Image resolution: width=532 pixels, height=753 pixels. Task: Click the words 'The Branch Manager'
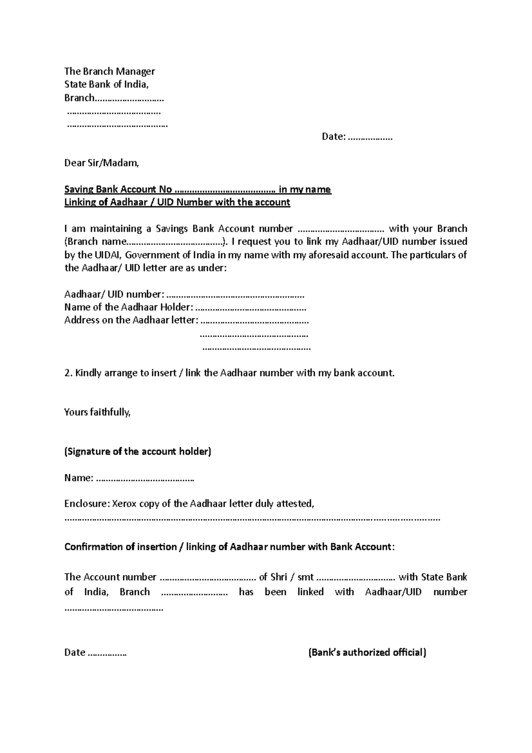coord(110,71)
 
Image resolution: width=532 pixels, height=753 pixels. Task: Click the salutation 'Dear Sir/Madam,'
coord(102,163)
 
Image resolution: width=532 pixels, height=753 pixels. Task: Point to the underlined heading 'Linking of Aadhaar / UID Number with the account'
coord(177,203)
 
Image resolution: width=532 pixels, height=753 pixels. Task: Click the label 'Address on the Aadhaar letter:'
coord(131,320)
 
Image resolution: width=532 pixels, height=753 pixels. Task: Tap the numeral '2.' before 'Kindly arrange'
coord(68,373)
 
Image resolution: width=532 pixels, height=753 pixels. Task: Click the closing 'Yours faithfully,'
coord(98,412)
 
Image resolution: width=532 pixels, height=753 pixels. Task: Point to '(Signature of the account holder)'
coord(138,452)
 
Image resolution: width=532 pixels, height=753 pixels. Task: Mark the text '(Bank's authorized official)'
coord(367,652)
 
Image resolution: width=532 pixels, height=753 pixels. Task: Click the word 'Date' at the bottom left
coord(74,652)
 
